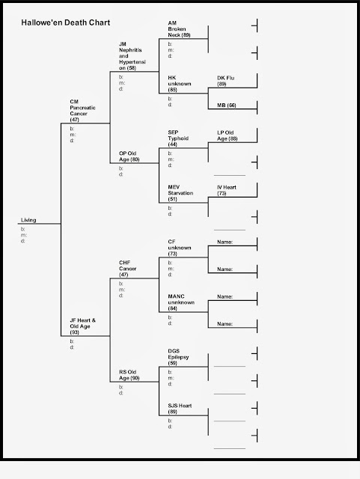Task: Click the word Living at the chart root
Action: tap(29, 220)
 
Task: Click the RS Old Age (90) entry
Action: tap(129, 376)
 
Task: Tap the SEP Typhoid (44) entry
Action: tap(180, 138)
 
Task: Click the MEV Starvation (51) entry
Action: tap(181, 192)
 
